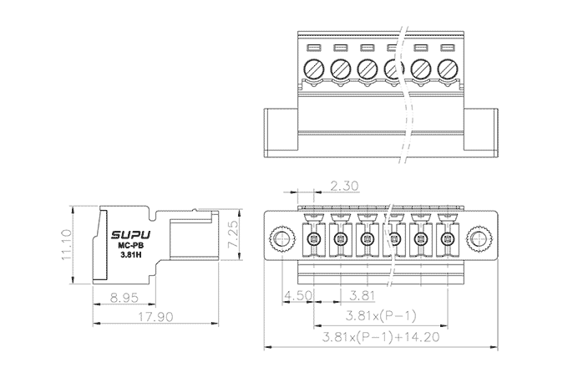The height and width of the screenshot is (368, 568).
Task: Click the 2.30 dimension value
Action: coord(345,186)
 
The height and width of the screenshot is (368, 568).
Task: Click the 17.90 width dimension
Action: coord(155,317)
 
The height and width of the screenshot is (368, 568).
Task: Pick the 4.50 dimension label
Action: coord(299,296)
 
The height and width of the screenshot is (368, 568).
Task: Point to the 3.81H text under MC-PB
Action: coord(129,256)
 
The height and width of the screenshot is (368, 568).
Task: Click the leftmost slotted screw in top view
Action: coord(314,68)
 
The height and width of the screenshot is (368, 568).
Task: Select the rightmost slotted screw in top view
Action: coord(447,68)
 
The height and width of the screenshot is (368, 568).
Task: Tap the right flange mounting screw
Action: coord(480,241)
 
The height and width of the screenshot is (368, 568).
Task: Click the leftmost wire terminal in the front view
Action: coord(313,241)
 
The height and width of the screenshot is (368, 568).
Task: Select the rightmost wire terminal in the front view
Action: coord(447,241)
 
